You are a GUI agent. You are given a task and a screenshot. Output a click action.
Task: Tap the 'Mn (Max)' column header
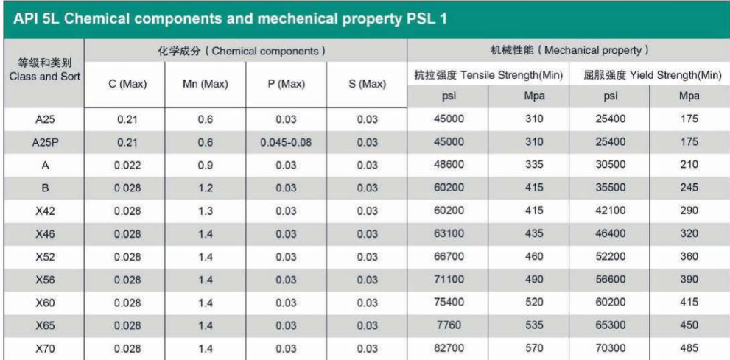[x=206, y=85]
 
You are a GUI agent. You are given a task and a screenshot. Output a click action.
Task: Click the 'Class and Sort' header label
[x=43, y=76]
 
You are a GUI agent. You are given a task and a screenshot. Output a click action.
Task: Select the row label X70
[x=43, y=349]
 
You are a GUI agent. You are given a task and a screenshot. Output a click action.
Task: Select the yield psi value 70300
[x=610, y=349]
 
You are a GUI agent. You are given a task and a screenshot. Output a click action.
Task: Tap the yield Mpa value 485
[x=689, y=349]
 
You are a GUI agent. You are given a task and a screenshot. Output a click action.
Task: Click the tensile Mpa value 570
[x=529, y=349]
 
